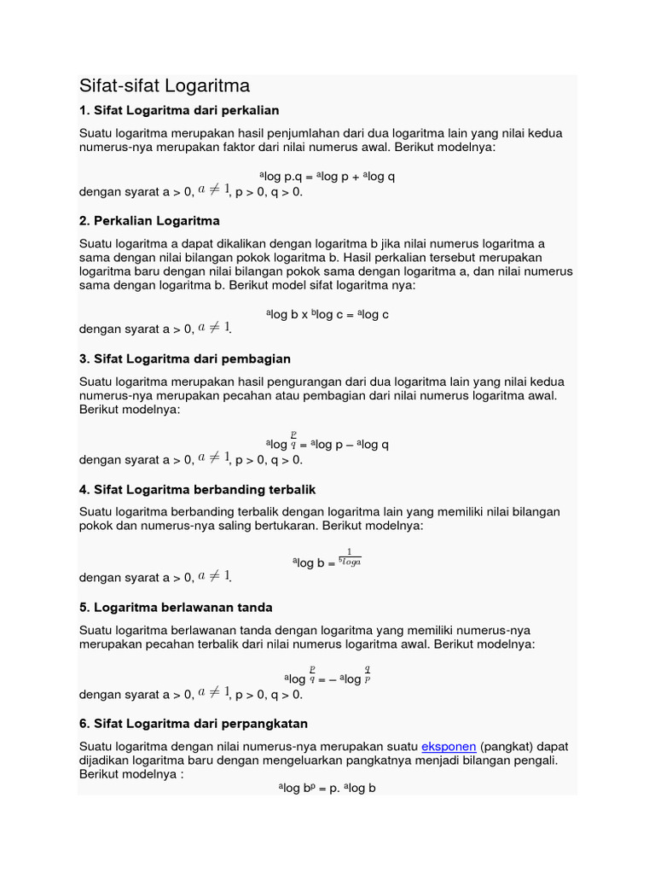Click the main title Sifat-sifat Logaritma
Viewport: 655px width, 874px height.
coord(165,86)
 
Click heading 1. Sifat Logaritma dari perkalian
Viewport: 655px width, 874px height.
coord(179,111)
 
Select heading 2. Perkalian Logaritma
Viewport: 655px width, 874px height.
coord(149,221)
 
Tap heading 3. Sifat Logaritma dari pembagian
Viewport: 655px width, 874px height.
coord(185,358)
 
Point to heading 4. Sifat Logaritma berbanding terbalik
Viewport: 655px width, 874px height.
coord(198,490)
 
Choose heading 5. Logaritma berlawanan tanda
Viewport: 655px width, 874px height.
coord(176,607)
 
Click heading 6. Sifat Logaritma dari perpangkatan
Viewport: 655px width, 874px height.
coord(194,724)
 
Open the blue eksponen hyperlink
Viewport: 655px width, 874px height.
coord(448,746)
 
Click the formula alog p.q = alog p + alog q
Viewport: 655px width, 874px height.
coord(327,177)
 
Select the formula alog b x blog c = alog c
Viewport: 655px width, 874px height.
coord(327,314)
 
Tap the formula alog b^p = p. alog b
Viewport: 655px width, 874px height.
coord(327,788)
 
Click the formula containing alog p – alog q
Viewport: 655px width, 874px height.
coord(327,444)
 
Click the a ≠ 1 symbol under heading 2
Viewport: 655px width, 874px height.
coord(214,328)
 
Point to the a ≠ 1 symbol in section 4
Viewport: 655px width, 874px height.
coord(214,577)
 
